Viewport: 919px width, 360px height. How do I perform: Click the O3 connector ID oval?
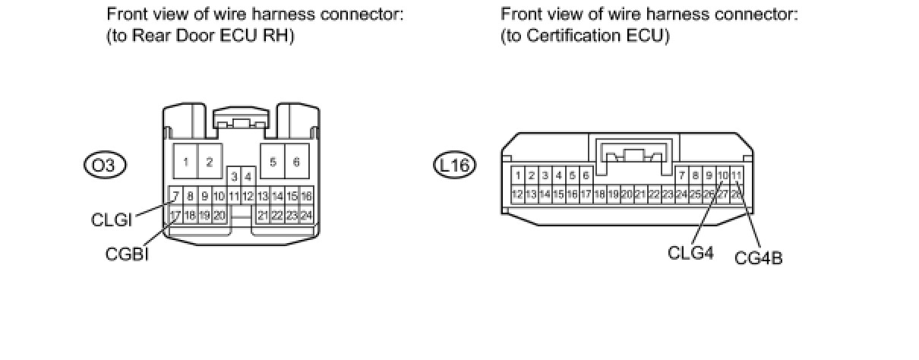pyautogui.click(x=105, y=164)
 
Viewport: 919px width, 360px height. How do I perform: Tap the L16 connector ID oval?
pyautogui.click(x=455, y=164)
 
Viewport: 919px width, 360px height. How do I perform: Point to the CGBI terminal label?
pyautogui.click(x=127, y=254)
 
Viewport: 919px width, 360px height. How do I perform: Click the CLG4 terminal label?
pyautogui.click(x=690, y=252)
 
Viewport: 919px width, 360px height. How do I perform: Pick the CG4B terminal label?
pyautogui.click(x=758, y=258)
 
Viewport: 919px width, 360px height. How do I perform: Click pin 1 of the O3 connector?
pyautogui.click(x=185, y=162)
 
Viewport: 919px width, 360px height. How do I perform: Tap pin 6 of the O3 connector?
pyautogui.click(x=296, y=162)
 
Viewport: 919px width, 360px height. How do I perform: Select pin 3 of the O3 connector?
pyautogui.click(x=235, y=178)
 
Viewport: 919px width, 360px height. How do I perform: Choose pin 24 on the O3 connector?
pyautogui.click(x=306, y=215)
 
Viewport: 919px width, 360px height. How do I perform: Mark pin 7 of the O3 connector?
pyautogui.click(x=175, y=197)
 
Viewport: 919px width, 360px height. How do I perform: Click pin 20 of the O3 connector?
pyautogui.click(x=219, y=215)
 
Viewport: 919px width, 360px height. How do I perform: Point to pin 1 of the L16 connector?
pyautogui.click(x=517, y=176)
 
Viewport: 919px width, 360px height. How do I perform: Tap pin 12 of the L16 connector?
pyautogui.click(x=517, y=194)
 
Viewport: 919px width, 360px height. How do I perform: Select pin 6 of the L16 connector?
pyautogui.click(x=586, y=176)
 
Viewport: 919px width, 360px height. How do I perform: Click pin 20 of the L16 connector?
pyautogui.click(x=627, y=194)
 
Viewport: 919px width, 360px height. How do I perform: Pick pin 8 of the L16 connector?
pyautogui.click(x=695, y=176)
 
